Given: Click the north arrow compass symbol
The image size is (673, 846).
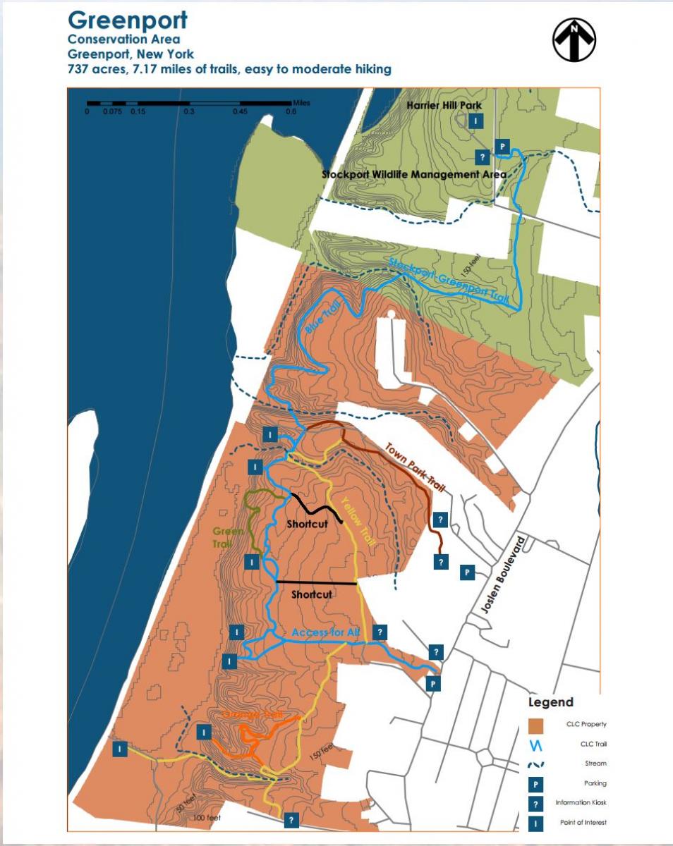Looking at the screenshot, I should pyautogui.click(x=574, y=40).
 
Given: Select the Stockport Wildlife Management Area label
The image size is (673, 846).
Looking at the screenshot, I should pyautogui.click(x=414, y=174).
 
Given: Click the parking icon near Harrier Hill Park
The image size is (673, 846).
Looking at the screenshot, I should pyautogui.click(x=502, y=147).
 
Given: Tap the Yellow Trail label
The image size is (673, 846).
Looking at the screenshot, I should pyautogui.click(x=358, y=520).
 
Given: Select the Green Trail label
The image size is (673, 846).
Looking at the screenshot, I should pyautogui.click(x=229, y=537).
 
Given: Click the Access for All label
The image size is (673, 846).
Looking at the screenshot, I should pyautogui.click(x=325, y=632).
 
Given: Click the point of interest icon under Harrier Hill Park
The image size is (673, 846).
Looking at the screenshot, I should pyautogui.click(x=477, y=121).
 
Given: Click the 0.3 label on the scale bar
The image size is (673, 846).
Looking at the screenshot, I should pyautogui.click(x=188, y=111).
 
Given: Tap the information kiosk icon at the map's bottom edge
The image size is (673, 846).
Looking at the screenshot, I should pyautogui.click(x=291, y=820).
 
